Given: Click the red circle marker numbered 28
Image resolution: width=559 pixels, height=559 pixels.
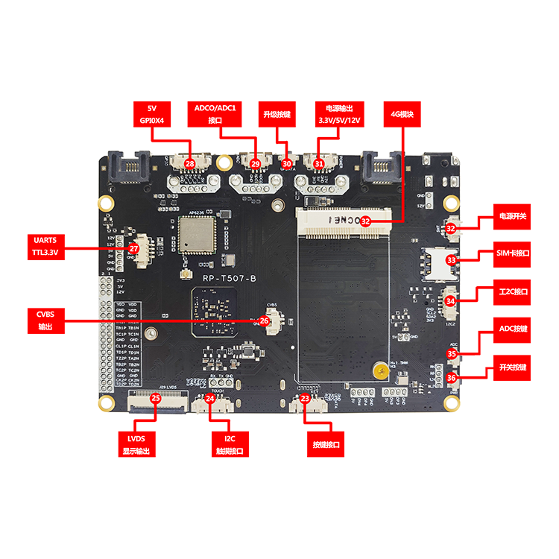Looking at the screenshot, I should tap(189, 163).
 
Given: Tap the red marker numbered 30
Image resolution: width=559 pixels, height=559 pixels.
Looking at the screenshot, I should tap(287, 163).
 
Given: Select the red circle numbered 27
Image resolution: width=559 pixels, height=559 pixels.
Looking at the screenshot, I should tap(134, 249).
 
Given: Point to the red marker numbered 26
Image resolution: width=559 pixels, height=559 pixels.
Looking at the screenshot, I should tap(264, 320).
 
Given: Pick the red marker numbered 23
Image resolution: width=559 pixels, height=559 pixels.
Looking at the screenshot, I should tap(305, 399).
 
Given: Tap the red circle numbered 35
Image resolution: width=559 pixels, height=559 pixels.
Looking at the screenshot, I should tap(452, 354).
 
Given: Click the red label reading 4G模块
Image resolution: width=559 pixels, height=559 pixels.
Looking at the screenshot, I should tap(402, 115).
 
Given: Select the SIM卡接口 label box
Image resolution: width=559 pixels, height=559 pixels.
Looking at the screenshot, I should tap(513, 254).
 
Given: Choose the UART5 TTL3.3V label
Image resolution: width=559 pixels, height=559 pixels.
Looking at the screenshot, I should tap(45, 247).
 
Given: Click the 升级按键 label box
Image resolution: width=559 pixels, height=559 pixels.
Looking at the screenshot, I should tap(279, 116).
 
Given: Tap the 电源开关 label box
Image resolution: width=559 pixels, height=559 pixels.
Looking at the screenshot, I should tap(513, 217).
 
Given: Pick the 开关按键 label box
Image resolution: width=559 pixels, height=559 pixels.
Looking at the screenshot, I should tap(513, 367).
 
